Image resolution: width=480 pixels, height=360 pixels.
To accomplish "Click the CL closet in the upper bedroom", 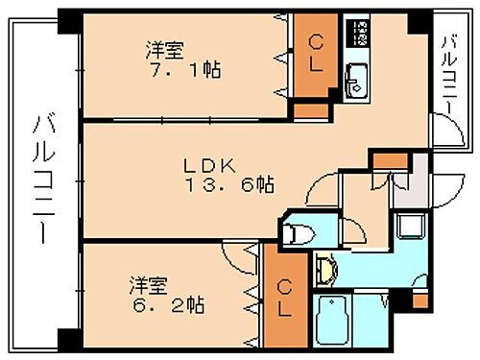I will pos(314,59).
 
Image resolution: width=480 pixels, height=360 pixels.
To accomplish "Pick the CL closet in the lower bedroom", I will pos(285,298).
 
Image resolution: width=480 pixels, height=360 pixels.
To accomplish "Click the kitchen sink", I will pos(355,83).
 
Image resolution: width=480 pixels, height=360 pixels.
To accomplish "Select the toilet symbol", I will pos(300,231).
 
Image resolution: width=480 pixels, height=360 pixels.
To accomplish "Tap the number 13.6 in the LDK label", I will pos(244,184).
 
